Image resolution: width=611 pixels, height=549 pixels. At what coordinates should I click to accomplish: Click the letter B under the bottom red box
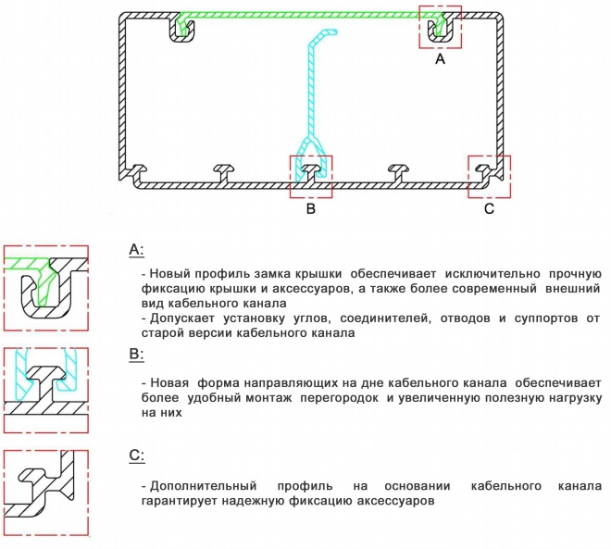311,209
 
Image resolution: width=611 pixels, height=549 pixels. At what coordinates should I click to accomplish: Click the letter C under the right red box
489,209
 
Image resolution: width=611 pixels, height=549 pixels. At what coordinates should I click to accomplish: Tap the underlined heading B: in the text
136,353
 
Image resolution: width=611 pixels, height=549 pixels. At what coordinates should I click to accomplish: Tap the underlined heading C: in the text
136,455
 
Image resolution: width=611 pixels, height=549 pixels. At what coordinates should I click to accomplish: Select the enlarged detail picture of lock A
45,290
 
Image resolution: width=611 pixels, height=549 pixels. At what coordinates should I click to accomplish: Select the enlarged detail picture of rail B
45,387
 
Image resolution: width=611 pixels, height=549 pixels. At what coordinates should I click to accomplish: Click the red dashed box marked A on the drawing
441,27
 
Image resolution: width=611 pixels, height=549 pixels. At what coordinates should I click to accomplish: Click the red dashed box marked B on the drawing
312,175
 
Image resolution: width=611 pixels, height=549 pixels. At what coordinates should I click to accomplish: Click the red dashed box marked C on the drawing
489,175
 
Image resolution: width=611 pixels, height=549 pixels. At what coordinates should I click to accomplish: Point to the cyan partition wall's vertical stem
311,93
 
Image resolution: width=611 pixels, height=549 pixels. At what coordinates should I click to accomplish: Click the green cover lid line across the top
305,15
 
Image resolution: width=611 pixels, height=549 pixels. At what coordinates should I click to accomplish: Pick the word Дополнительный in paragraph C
198,486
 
